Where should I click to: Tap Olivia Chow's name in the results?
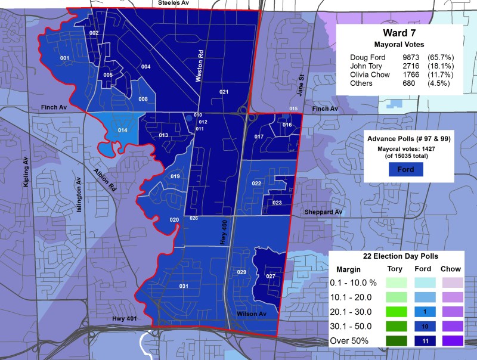coord(370,75)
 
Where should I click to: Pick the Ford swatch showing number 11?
coord(406,342)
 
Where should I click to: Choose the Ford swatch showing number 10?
coord(406,327)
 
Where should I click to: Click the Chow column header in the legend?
coord(450,268)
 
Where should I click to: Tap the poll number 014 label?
coord(123,129)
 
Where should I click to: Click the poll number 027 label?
coord(270,276)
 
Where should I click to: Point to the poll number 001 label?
coord(64,58)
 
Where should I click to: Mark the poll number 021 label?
coord(224,92)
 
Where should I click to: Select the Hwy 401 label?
coord(125,320)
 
